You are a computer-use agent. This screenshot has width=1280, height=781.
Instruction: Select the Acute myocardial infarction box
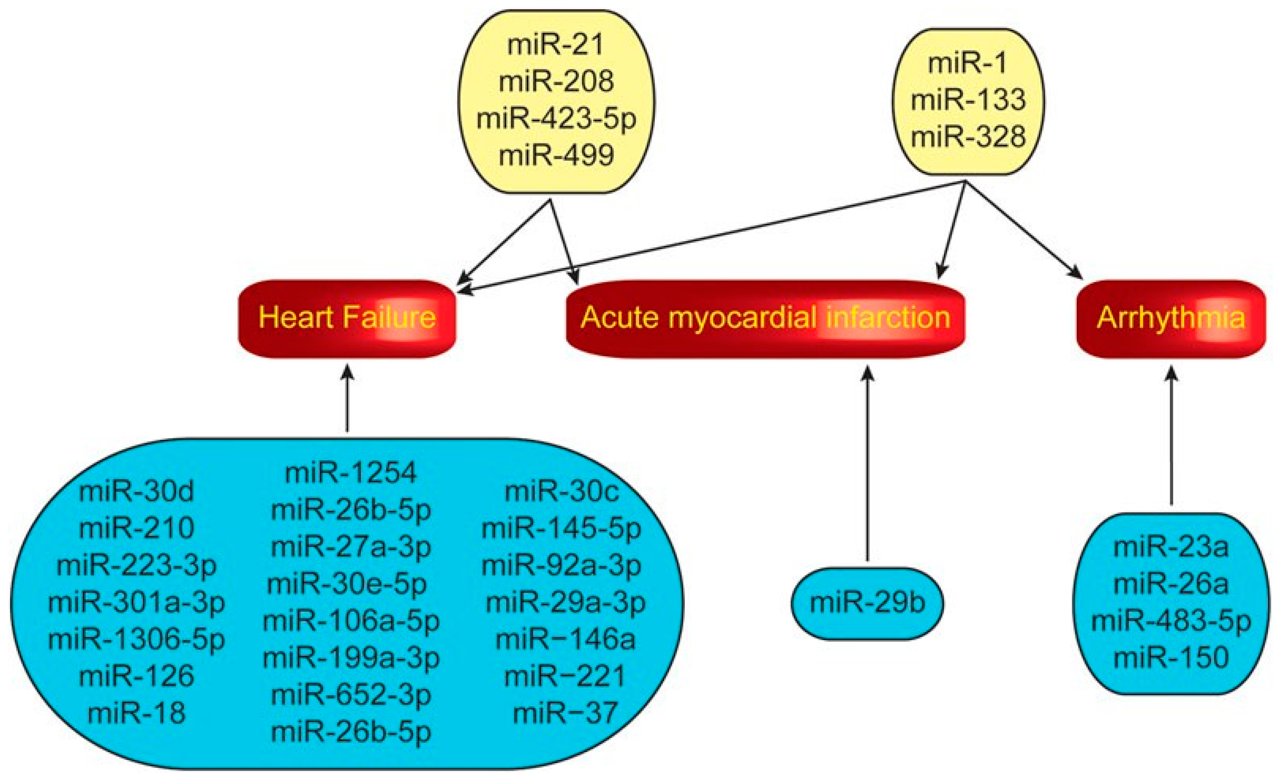tap(765, 318)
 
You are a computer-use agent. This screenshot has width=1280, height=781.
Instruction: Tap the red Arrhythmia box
tap(1170, 318)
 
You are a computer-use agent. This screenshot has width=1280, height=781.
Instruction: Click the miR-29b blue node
tap(867, 603)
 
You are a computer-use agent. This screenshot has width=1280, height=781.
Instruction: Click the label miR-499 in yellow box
tap(556, 155)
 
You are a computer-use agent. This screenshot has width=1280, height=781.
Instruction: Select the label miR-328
tap(968, 137)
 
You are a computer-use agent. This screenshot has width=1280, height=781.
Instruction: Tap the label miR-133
tap(968, 99)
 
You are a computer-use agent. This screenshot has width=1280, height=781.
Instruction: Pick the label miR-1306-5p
tap(136, 639)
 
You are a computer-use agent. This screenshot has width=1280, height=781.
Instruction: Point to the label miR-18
tap(136, 713)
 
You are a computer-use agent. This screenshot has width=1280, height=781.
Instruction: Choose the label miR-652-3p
tap(351, 695)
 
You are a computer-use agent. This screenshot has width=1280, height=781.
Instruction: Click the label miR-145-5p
tap(561, 529)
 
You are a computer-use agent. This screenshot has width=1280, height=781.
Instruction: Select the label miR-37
tap(565, 713)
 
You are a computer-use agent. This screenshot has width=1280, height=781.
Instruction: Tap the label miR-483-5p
tap(1171, 621)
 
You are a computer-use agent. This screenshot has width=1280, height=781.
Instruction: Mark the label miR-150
tap(1171, 658)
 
